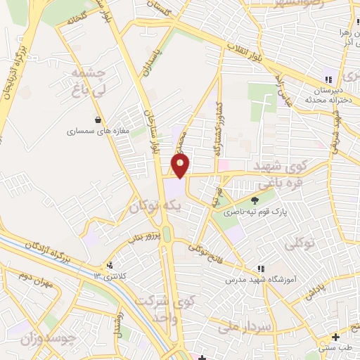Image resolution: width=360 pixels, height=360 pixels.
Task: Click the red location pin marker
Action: tap(181, 166)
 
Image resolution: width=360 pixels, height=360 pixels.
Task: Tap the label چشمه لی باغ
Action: tap(88, 82)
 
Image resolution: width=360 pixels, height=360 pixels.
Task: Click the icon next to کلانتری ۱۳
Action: tap(109, 266)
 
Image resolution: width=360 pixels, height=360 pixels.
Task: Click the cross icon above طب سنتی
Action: tap(336, 337)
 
